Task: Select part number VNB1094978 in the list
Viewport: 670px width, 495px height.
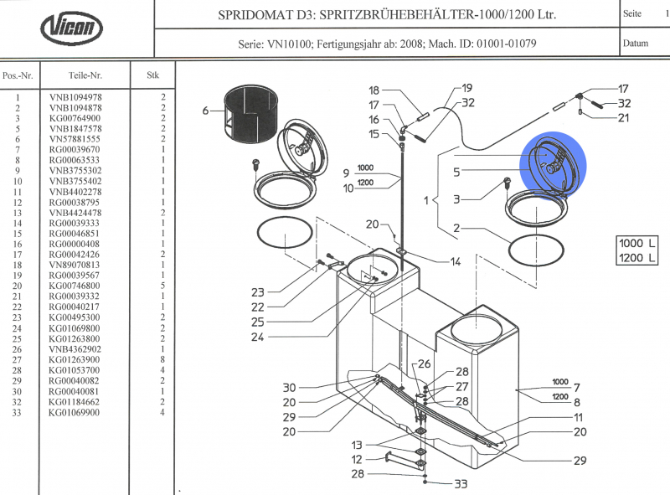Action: pyautogui.click(x=75, y=97)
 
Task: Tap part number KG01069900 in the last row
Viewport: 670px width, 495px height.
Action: pyautogui.click(x=75, y=412)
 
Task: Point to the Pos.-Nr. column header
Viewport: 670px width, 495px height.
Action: pyautogui.click(x=18, y=75)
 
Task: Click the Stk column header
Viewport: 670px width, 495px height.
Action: pyautogui.click(x=153, y=75)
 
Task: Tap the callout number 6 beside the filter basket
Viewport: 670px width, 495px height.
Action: pyautogui.click(x=205, y=111)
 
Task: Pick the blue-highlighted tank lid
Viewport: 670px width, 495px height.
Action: pyautogui.click(x=554, y=161)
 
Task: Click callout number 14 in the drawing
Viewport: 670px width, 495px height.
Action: pyautogui.click(x=456, y=262)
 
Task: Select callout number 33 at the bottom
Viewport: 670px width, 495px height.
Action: pyautogui.click(x=460, y=484)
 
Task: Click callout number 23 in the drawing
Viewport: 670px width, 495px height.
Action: pyautogui.click(x=258, y=293)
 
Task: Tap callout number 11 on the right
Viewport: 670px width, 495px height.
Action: pyautogui.click(x=578, y=417)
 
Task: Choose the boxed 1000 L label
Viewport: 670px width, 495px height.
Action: pyautogui.click(x=635, y=242)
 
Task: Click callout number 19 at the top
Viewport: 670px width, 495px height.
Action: pyautogui.click(x=466, y=88)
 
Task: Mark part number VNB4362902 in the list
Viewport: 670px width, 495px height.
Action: pyautogui.click(x=75, y=348)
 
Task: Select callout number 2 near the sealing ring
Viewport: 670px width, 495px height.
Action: pyautogui.click(x=456, y=229)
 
